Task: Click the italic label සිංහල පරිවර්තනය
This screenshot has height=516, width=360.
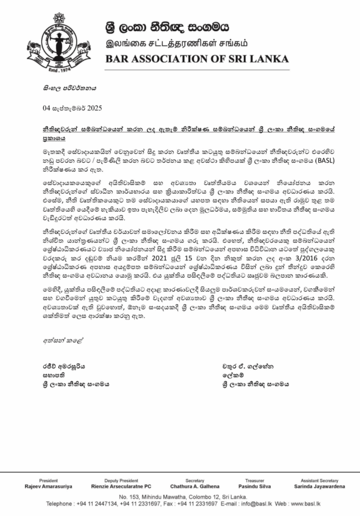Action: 68,87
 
